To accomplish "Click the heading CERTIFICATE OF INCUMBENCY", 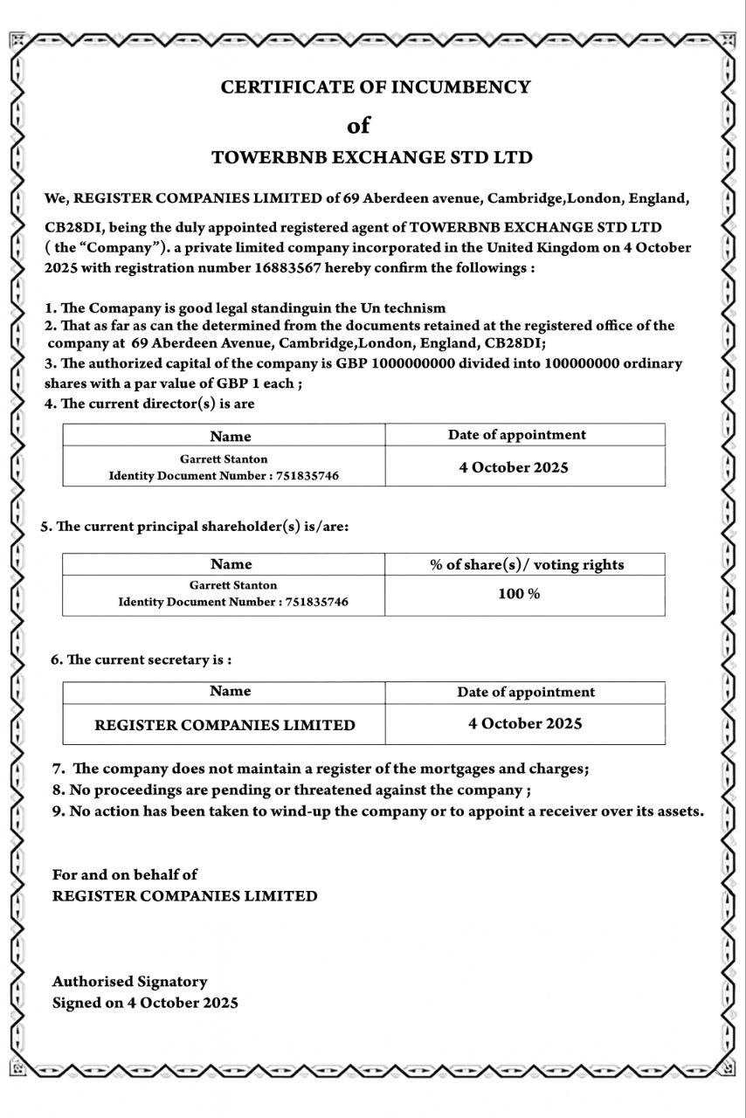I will click(376, 87).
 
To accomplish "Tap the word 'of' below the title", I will click(358, 126).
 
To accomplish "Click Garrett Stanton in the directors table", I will click(224, 459).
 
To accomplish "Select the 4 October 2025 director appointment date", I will click(514, 467).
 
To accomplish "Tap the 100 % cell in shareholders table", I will click(525, 594).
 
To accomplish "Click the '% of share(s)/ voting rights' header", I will click(526, 564).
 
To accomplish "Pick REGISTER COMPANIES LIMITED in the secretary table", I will click(224, 725).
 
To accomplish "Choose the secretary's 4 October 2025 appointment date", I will click(525, 723).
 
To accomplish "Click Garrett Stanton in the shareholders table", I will click(233, 585).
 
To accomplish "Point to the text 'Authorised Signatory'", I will click(130, 982).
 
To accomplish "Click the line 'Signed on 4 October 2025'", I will click(145, 1003).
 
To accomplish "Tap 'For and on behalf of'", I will click(125, 874).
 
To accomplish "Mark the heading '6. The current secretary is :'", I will click(141, 659).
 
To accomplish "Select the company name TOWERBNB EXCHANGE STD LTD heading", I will click(372, 158).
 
